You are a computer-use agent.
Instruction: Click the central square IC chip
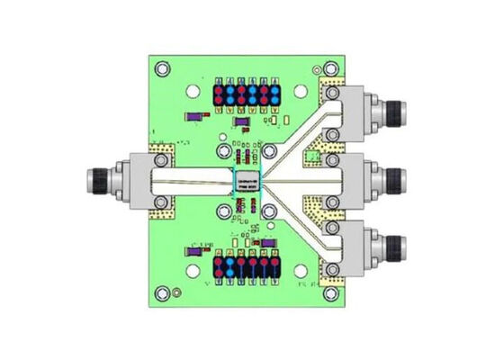[x=245, y=181]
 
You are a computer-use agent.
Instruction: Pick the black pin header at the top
[x=245, y=93]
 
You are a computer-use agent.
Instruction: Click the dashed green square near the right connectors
[x=312, y=158]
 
